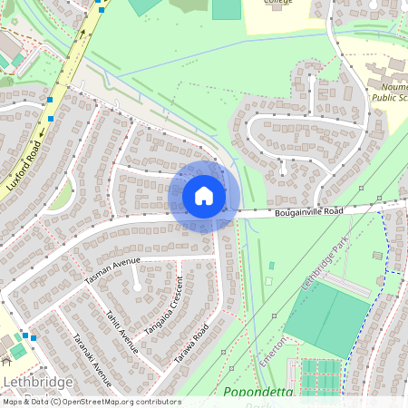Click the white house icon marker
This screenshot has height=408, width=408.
pyautogui.click(x=204, y=196)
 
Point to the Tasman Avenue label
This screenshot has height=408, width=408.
pyautogui.click(x=113, y=270)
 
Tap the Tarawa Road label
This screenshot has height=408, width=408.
pyautogui.click(x=191, y=344)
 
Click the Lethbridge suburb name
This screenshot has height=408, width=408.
pyautogui.click(x=38, y=382)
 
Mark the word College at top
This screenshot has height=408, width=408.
pyautogui.click(x=279, y=3)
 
